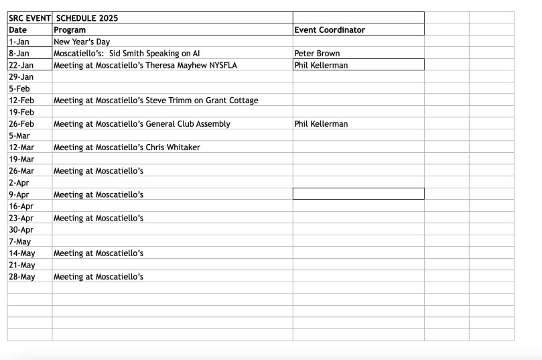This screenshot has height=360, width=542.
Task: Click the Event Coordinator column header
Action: [x=330, y=30]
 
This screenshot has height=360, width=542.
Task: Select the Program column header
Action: [x=70, y=30]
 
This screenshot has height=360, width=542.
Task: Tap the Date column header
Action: [x=18, y=30]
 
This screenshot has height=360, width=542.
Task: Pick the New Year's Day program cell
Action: [x=82, y=42]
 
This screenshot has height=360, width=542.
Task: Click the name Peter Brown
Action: [x=317, y=54]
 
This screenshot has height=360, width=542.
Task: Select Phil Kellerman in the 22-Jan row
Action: [x=321, y=65]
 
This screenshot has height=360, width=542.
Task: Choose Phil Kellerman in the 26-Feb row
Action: [x=321, y=124]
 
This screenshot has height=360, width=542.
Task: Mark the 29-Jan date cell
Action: [x=21, y=77]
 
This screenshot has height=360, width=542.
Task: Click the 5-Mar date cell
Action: [x=19, y=135]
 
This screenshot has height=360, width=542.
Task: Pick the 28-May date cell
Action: [x=22, y=277]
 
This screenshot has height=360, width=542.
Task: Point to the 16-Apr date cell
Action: [x=21, y=206]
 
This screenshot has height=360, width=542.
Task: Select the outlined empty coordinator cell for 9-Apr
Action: [x=358, y=194]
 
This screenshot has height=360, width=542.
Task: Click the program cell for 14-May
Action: [x=98, y=253]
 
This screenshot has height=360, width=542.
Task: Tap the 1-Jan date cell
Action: [x=19, y=42]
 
